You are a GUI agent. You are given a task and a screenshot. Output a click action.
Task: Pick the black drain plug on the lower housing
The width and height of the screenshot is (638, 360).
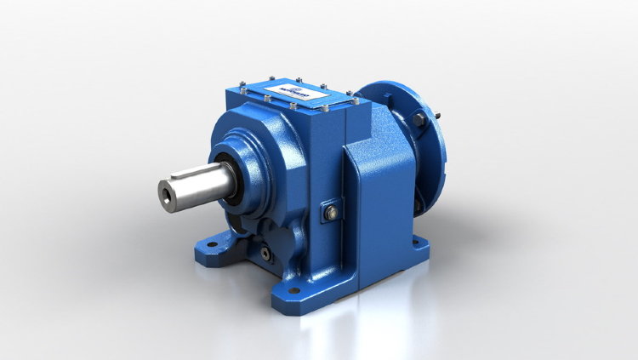(268, 253)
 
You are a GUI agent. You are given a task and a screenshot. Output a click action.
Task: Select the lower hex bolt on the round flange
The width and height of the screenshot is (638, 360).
(419, 204)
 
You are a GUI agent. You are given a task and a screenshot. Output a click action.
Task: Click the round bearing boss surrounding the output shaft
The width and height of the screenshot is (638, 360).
(247, 157)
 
